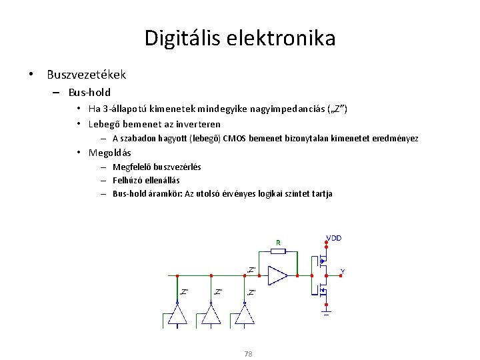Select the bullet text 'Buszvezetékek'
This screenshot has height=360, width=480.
[x=86, y=75]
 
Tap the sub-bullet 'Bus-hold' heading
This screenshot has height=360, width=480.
[x=89, y=92]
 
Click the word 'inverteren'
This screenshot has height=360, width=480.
[x=198, y=124]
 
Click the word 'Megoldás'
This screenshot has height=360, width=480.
[x=110, y=153]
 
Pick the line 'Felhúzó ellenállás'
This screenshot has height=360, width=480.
[x=146, y=180]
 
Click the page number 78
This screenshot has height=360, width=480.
[x=248, y=354]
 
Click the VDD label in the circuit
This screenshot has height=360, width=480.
[x=334, y=238]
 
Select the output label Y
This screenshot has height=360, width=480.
[x=343, y=271]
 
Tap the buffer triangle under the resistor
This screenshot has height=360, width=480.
[x=275, y=275]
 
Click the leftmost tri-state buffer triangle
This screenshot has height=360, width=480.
[x=177, y=315]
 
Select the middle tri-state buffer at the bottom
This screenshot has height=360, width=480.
[x=211, y=315]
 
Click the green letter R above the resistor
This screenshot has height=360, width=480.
[x=278, y=242]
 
